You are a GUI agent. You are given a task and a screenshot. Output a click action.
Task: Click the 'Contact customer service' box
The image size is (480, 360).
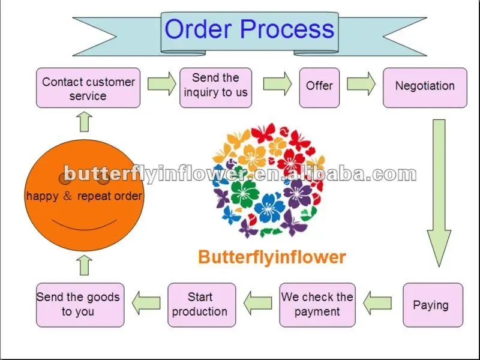coord(88,88)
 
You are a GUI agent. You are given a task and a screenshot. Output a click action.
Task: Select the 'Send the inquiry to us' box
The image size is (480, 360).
coord(216,88)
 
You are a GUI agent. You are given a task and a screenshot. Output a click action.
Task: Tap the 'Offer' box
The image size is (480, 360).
coord(319,88)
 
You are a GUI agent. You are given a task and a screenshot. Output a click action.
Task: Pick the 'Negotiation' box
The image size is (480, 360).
coord(425,88)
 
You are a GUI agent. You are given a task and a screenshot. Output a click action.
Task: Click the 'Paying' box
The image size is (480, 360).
coord(433,305)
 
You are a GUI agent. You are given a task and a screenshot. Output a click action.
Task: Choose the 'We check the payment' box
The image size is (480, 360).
coord(317,305)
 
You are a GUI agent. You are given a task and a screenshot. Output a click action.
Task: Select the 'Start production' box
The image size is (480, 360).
coord(202,305)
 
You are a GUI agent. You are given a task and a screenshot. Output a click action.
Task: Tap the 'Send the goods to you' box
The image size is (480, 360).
coord(80,305)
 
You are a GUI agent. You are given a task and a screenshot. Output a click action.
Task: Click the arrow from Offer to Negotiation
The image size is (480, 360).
coord(361,84)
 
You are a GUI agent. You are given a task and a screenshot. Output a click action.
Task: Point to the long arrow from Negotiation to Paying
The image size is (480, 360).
coord(439,193)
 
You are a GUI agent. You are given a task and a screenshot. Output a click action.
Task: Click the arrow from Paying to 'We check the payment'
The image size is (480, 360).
coord(377,303)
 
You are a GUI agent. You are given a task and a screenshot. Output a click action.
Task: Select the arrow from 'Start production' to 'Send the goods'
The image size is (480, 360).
coord(146,303)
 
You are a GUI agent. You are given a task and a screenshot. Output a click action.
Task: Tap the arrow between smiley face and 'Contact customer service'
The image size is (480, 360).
coord(84,122)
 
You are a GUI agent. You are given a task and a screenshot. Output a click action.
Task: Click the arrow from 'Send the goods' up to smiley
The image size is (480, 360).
coord(84,265)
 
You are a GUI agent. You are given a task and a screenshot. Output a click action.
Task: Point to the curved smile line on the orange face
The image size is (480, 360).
coord(84,227)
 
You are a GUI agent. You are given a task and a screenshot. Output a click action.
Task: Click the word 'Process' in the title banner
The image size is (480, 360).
coord(287,29)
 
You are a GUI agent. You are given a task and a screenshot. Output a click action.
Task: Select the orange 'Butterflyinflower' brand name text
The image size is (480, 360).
coord(272,257)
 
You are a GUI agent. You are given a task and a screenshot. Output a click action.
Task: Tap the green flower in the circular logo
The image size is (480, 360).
coord(244,193)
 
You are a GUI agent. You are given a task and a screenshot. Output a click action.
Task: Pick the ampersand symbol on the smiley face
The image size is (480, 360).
coord(67,196)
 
